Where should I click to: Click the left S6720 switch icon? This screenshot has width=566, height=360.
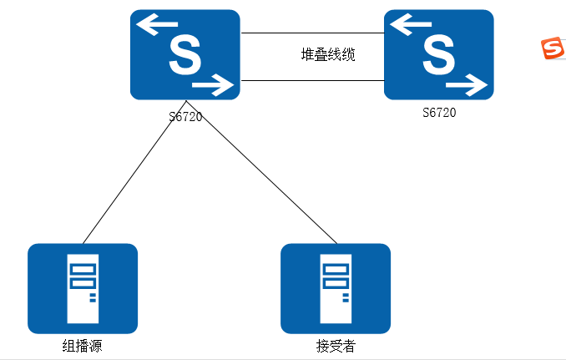coord(184,55)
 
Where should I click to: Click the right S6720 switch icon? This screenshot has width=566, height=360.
coord(438,55)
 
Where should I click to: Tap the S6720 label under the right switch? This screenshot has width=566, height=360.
coord(439,112)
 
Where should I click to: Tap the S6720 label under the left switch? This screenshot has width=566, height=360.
coord(185,116)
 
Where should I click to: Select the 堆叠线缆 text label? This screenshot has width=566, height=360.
coord(328,55)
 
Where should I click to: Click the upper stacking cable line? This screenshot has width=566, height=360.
coord(312,33)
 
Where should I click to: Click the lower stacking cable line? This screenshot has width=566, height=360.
coord(312,81)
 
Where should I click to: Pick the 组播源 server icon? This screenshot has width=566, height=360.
coord(83,288)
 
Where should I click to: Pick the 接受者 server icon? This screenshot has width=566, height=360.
coord(336,288)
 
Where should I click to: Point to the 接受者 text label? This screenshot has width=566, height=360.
coord(336,346)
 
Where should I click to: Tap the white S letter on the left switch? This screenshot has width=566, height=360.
coord(184,55)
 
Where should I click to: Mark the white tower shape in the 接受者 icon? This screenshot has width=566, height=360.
coord(336,288)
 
